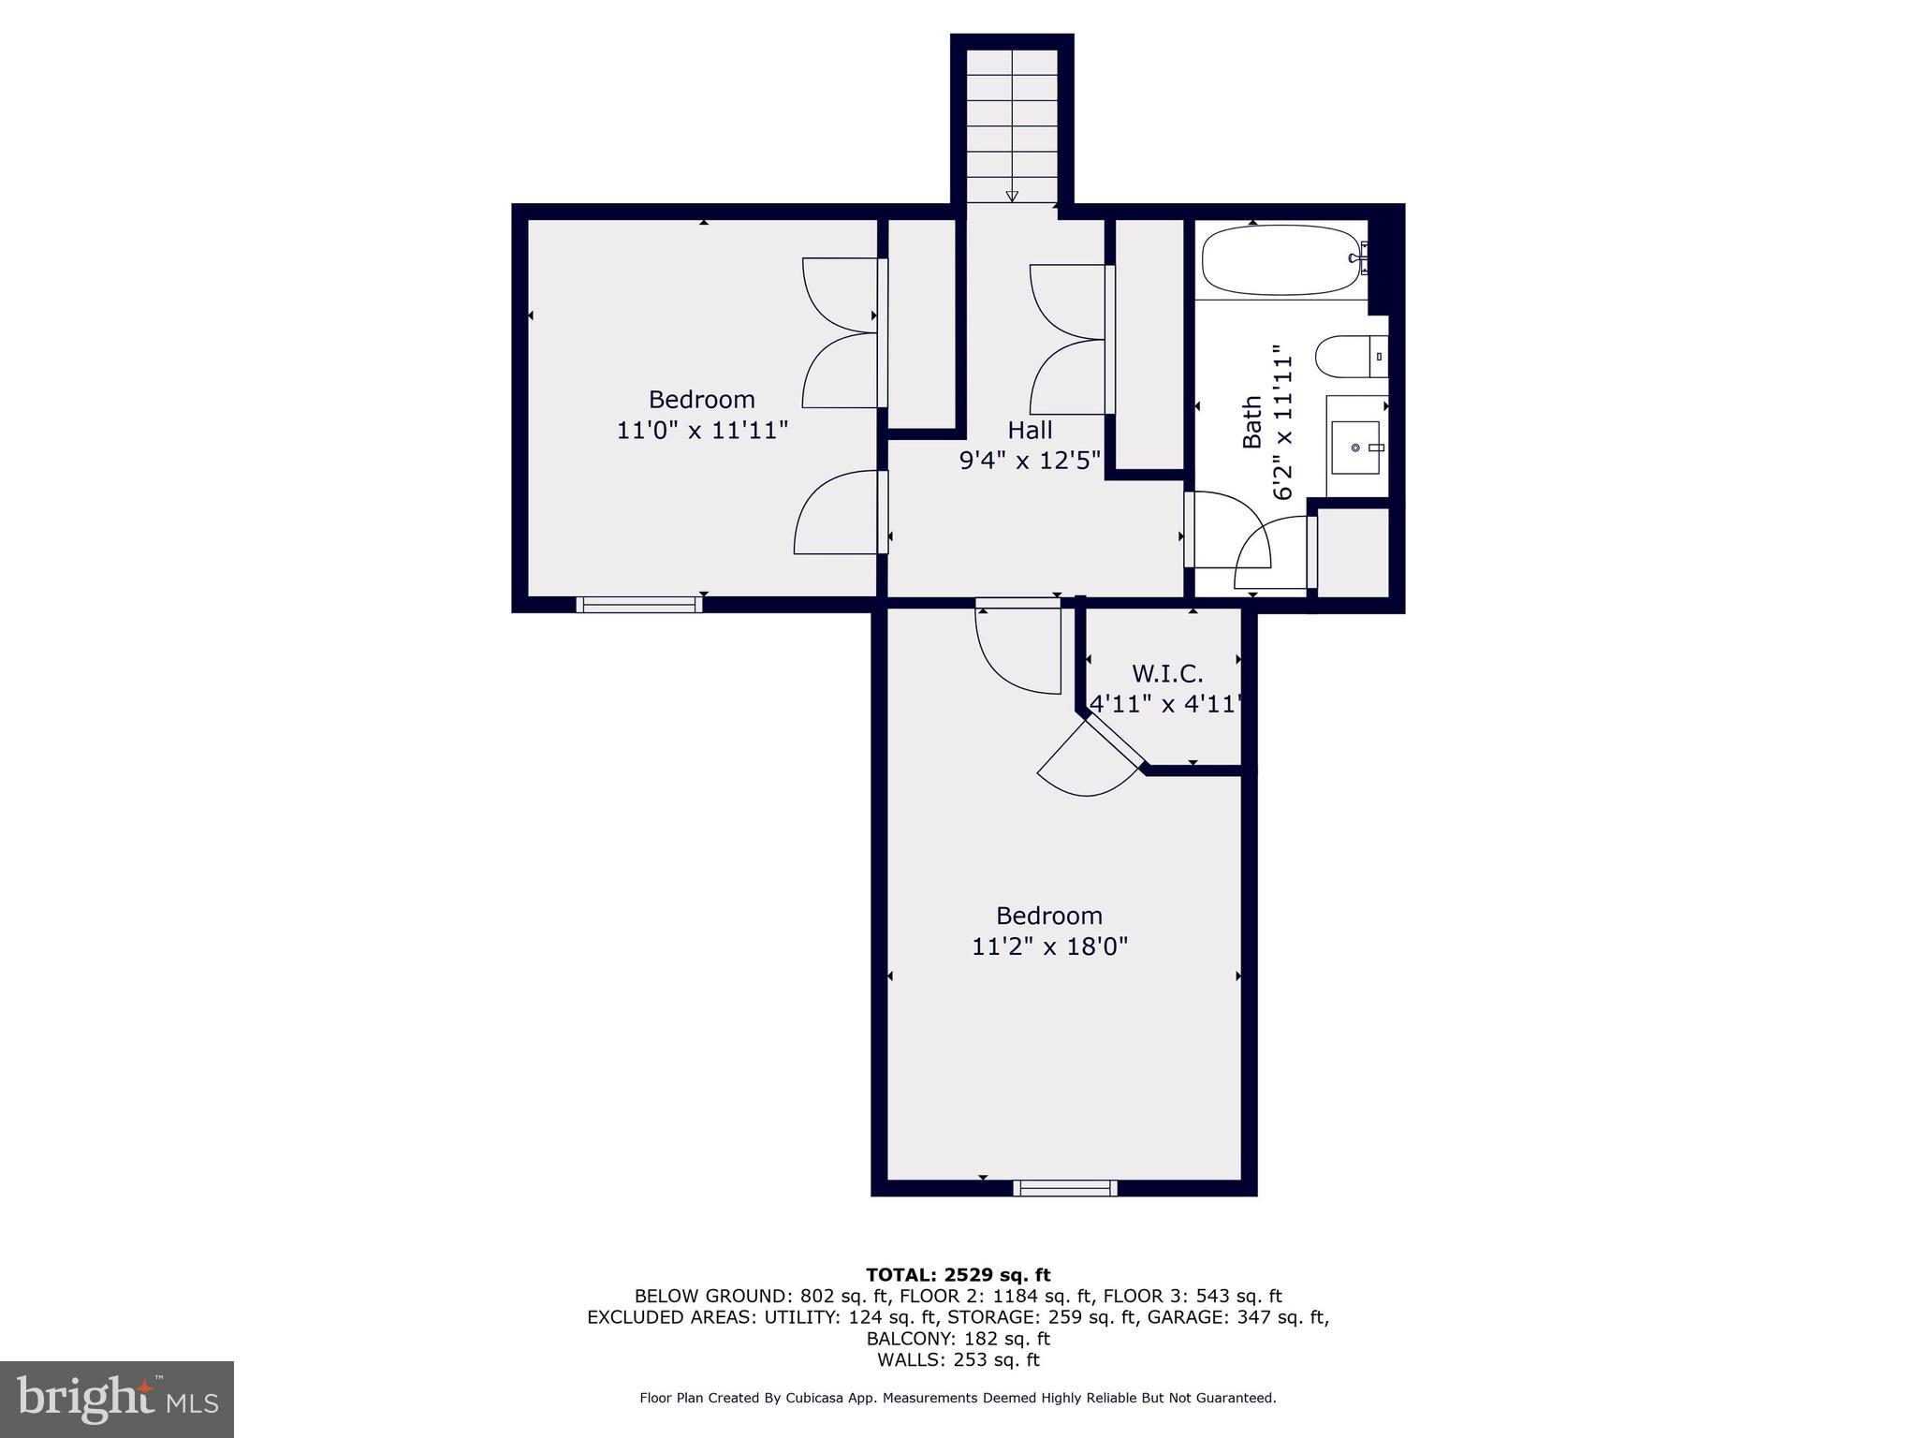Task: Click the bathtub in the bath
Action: pyautogui.click(x=1280, y=260)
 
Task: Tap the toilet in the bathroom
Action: pyautogui.click(x=1349, y=358)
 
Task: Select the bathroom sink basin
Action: pyautogui.click(x=1354, y=448)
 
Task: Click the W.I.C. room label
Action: pyautogui.click(x=1167, y=674)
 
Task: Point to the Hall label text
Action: pyautogui.click(x=1030, y=431)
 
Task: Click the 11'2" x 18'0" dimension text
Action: pyautogui.click(x=1049, y=946)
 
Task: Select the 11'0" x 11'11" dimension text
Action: pyautogui.click(x=702, y=431)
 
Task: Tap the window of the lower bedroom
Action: pyautogui.click(x=1065, y=1188)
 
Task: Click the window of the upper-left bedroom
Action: pyautogui.click(x=639, y=605)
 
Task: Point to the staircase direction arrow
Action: pyautogui.click(x=1012, y=196)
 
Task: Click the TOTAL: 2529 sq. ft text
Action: pyautogui.click(x=958, y=1274)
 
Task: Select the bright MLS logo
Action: pyautogui.click(x=117, y=1399)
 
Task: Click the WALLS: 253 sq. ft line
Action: pyautogui.click(x=958, y=1360)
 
